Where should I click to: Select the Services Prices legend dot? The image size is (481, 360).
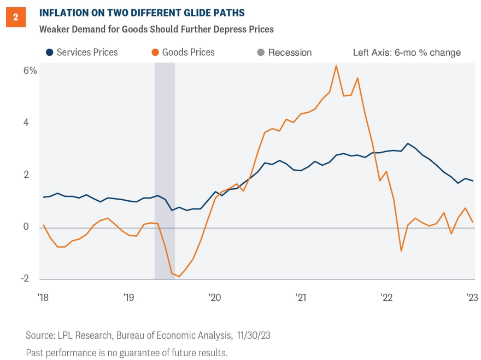[x=49, y=53]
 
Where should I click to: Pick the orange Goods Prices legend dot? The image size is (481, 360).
[x=155, y=53]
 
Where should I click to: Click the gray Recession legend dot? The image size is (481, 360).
[x=260, y=53]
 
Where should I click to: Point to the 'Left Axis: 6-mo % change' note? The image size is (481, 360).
[x=407, y=53]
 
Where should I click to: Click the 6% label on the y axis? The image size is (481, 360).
[x=30, y=71]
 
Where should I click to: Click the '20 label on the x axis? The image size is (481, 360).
[x=214, y=298]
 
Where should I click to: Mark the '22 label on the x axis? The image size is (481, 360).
[x=386, y=298]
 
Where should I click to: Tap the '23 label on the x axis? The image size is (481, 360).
[x=472, y=298]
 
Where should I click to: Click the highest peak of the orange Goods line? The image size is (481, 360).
[x=336, y=66]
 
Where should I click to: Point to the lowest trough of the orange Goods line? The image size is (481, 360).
[x=179, y=276]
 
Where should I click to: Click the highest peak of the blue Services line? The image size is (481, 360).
[x=408, y=143]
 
